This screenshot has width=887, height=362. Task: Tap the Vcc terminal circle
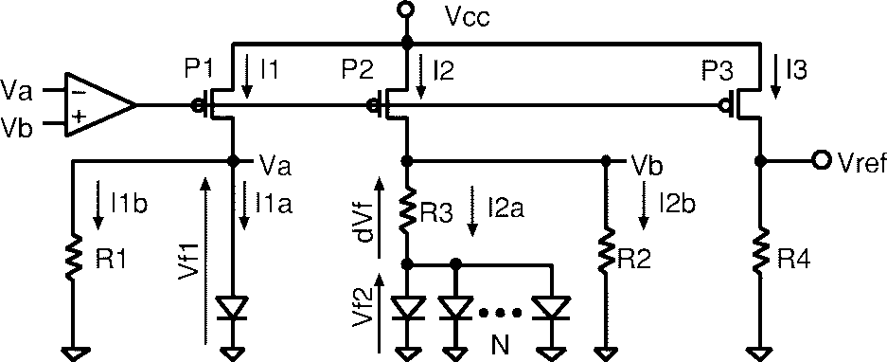(406, 10)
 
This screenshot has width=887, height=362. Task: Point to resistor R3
(407, 211)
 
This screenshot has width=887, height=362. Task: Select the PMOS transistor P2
(392, 104)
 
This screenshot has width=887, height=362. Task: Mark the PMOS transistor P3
(743, 103)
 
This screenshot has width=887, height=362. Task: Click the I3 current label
(796, 68)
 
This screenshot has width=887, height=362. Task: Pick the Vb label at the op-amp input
(17, 125)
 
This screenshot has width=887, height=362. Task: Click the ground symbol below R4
(759, 352)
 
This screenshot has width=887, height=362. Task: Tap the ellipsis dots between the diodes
(501, 312)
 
